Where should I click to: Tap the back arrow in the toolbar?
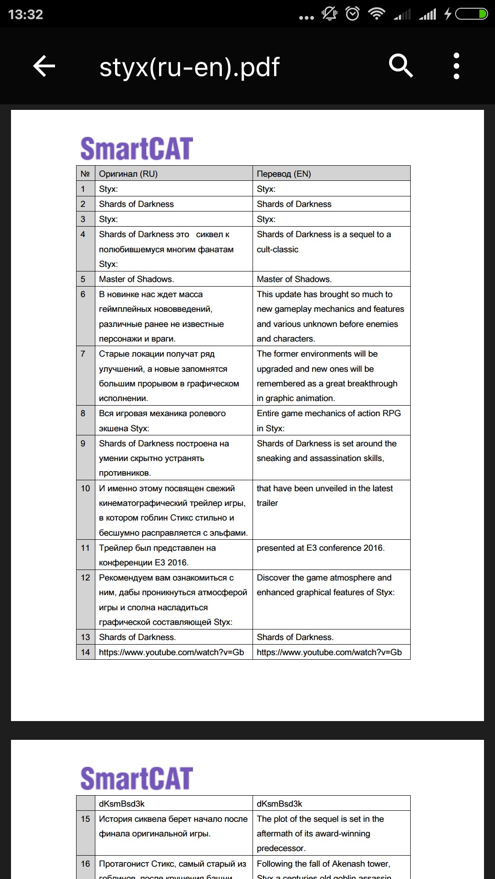point(44,66)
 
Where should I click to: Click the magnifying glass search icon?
point(401,65)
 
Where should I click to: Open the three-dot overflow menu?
point(456,66)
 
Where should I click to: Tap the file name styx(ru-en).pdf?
point(189,67)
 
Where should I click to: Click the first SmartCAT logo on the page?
point(137,148)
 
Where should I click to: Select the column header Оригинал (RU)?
point(128,174)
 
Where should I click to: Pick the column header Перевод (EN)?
point(284,174)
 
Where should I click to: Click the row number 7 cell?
point(83,354)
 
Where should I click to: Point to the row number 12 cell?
point(85,578)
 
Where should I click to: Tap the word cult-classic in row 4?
point(277,250)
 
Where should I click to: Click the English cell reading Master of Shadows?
point(294,279)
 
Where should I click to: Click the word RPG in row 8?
point(391,413)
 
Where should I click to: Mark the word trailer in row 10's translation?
point(267,503)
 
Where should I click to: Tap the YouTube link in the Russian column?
point(171,652)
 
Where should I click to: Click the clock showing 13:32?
point(26,15)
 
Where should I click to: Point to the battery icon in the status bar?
point(471,15)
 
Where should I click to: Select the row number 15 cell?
point(85,819)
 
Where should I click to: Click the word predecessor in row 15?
point(281,848)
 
